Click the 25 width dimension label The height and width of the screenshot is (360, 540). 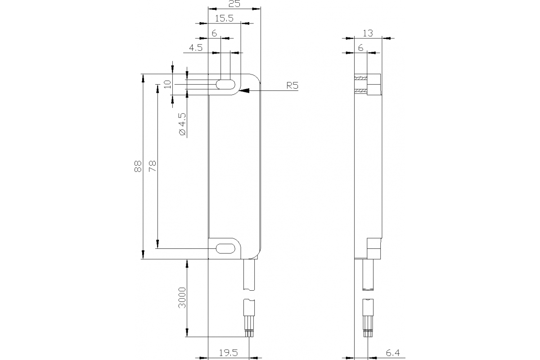click(x=234, y=4)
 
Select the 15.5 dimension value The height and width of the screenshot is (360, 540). click(x=224, y=18)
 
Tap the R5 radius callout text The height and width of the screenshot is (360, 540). click(x=292, y=85)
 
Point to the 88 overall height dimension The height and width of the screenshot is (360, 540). click(x=138, y=166)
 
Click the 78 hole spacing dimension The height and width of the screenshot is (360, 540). click(x=153, y=166)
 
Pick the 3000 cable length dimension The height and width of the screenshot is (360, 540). click(x=182, y=298)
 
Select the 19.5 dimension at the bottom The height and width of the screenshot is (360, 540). click(x=228, y=353)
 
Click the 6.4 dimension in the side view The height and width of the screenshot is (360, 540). click(x=393, y=353)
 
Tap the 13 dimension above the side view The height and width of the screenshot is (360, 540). click(x=368, y=33)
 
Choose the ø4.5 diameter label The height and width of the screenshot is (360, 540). click(x=183, y=124)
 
